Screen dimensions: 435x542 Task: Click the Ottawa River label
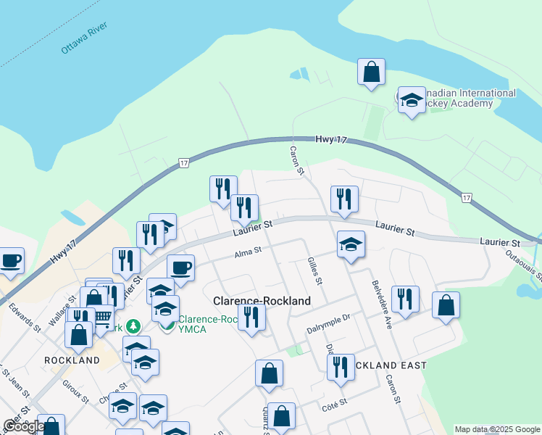(x=84, y=38)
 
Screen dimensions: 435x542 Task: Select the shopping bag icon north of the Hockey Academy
(x=371, y=72)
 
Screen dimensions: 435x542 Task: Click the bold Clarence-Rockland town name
(x=262, y=300)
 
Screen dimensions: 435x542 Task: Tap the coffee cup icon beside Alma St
(x=180, y=268)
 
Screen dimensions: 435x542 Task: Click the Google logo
(x=24, y=426)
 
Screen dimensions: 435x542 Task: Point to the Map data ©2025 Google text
(x=497, y=429)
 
